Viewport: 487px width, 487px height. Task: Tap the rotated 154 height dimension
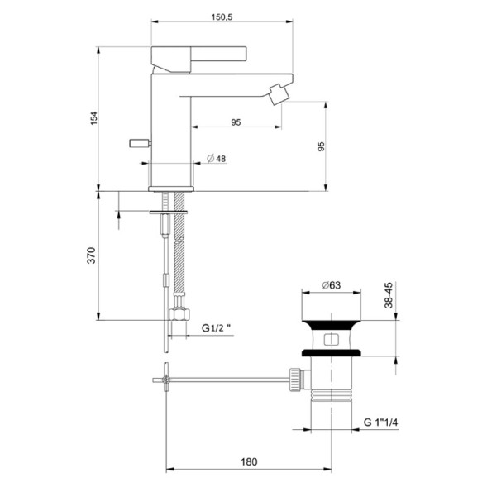(95, 117)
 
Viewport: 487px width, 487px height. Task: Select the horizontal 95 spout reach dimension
(235, 122)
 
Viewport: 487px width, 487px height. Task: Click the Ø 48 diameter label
(215, 158)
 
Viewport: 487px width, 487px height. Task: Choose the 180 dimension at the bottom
(250, 461)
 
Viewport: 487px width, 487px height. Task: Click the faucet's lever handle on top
(198, 53)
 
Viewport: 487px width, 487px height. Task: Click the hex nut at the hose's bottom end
(179, 315)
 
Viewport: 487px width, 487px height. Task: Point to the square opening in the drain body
(332, 339)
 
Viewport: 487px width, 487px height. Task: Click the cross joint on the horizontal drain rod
(167, 380)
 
